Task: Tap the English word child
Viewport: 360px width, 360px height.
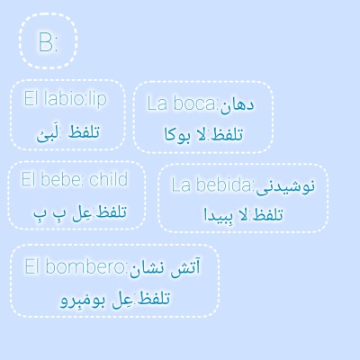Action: coord(109,179)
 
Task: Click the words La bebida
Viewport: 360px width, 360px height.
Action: coord(212,185)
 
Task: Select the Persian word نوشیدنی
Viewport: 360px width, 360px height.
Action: coord(285,186)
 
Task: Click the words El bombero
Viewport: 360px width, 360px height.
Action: coord(76,266)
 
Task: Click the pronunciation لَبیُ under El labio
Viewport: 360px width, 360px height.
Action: coord(47,133)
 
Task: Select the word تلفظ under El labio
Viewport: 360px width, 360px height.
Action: coord(82,132)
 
